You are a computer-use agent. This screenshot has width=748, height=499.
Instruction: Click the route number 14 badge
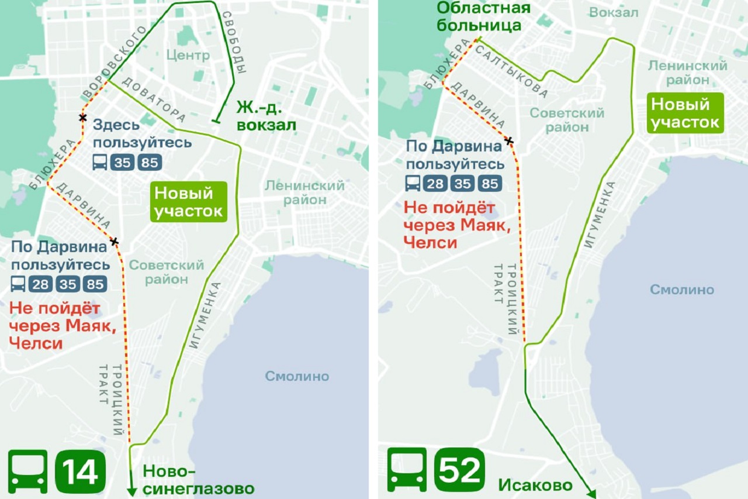[x=80, y=472]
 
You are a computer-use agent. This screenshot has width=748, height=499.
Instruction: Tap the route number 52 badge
[x=460, y=470]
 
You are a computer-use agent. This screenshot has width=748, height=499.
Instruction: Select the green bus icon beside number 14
[x=27, y=472]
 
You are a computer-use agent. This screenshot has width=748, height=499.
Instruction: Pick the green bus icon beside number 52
[x=407, y=470]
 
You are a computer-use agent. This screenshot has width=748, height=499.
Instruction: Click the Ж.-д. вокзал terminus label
[x=266, y=116]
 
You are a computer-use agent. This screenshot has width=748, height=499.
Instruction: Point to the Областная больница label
[x=483, y=16]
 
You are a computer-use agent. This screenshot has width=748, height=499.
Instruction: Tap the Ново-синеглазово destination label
[x=199, y=480]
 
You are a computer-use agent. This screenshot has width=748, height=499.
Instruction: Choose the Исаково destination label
[x=535, y=484]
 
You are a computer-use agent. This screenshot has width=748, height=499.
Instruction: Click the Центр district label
[x=188, y=56]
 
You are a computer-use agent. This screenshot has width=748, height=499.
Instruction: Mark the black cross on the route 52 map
[x=510, y=140]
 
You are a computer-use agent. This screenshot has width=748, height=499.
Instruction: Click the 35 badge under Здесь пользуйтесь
[x=123, y=162]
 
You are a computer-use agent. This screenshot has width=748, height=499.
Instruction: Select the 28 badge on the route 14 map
[x=40, y=284]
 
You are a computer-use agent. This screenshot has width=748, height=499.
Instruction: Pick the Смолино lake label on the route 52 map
[x=682, y=290]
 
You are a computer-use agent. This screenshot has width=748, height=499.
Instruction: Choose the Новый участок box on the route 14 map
[x=189, y=202]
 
